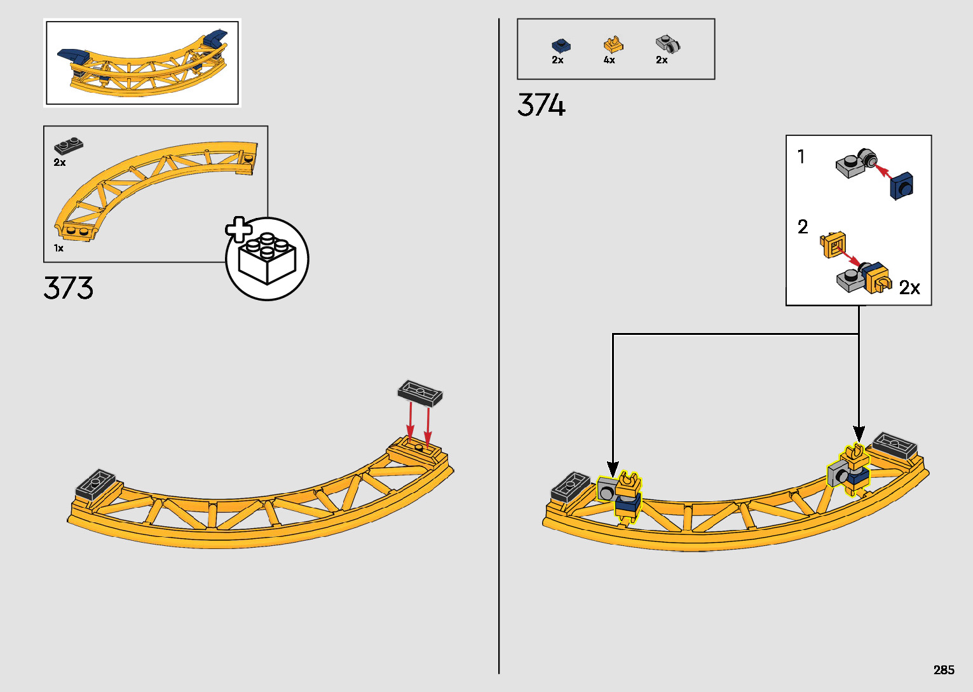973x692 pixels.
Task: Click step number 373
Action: pyautogui.click(x=69, y=288)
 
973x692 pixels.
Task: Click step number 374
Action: pyautogui.click(x=541, y=105)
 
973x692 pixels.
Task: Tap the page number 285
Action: pyautogui.click(x=944, y=670)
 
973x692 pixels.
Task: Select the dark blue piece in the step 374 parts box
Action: pyautogui.click(x=561, y=45)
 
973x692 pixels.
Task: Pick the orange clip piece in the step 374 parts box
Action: pyautogui.click(x=613, y=45)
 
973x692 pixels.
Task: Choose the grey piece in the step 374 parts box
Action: pyautogui.click(x=667, y=44)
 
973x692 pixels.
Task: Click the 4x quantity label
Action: pyautogui.click(x=609, y=60)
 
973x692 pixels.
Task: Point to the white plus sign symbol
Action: pyautogui.click(x=239, y=229)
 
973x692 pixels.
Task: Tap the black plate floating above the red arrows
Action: pyautogui.click(x=420, y=393)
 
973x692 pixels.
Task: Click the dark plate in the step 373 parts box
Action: pyautogui.click(x=69, y=146)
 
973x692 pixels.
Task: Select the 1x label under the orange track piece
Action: pyautogui.click(x=58, y=248)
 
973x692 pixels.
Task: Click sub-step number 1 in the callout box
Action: pyautogui.click(x=801, y=156)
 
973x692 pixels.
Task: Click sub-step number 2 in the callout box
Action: pyautogui.click(x=803, y=227)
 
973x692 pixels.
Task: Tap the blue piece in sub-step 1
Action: pyautogui.click(x=902, y=186)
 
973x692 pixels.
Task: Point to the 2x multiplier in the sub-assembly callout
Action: pyautogui.click(x=909, y=288)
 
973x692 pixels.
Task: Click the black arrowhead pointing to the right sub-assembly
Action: pyautogui.click(x=859, y=434)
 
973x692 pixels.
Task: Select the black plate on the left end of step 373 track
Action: pyautogui.click(x=95, y=484)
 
